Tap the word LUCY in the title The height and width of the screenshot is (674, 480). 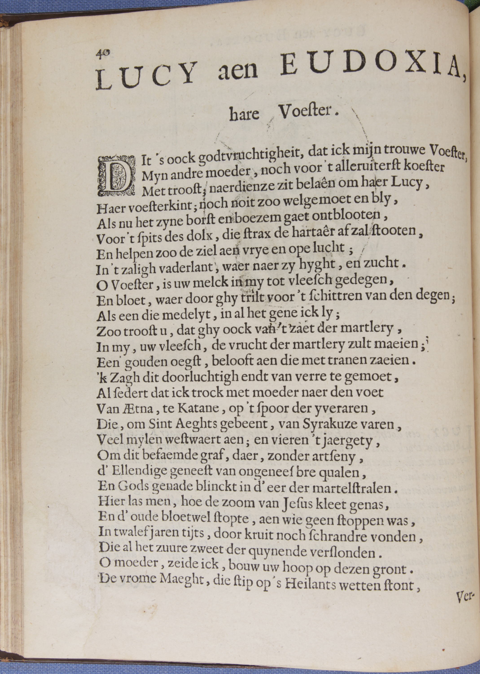coord(146,76)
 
